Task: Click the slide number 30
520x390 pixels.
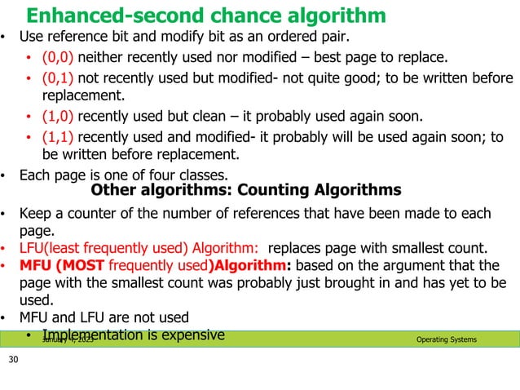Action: (13, 360)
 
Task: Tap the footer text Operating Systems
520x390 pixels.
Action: (447, 339)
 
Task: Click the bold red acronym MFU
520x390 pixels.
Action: (37, 265)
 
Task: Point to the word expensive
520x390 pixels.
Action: (190, 335)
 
